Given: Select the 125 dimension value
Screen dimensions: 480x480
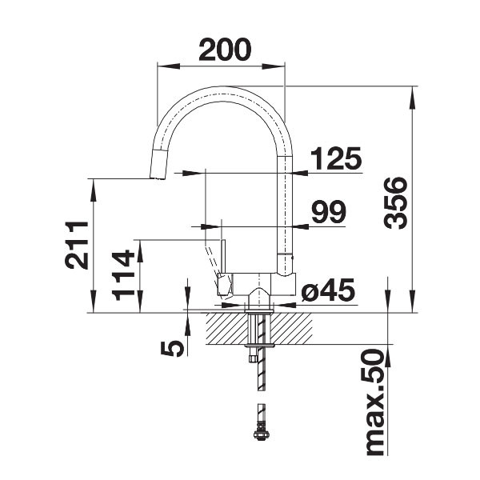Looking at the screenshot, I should point(335,159).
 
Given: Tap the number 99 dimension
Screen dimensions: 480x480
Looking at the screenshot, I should point(328,213).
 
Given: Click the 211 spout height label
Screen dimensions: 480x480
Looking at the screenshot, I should point(76,245).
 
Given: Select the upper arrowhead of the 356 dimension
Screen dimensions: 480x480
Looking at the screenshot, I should point(413,93).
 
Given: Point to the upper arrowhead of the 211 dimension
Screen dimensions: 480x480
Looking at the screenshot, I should point(94,185).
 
